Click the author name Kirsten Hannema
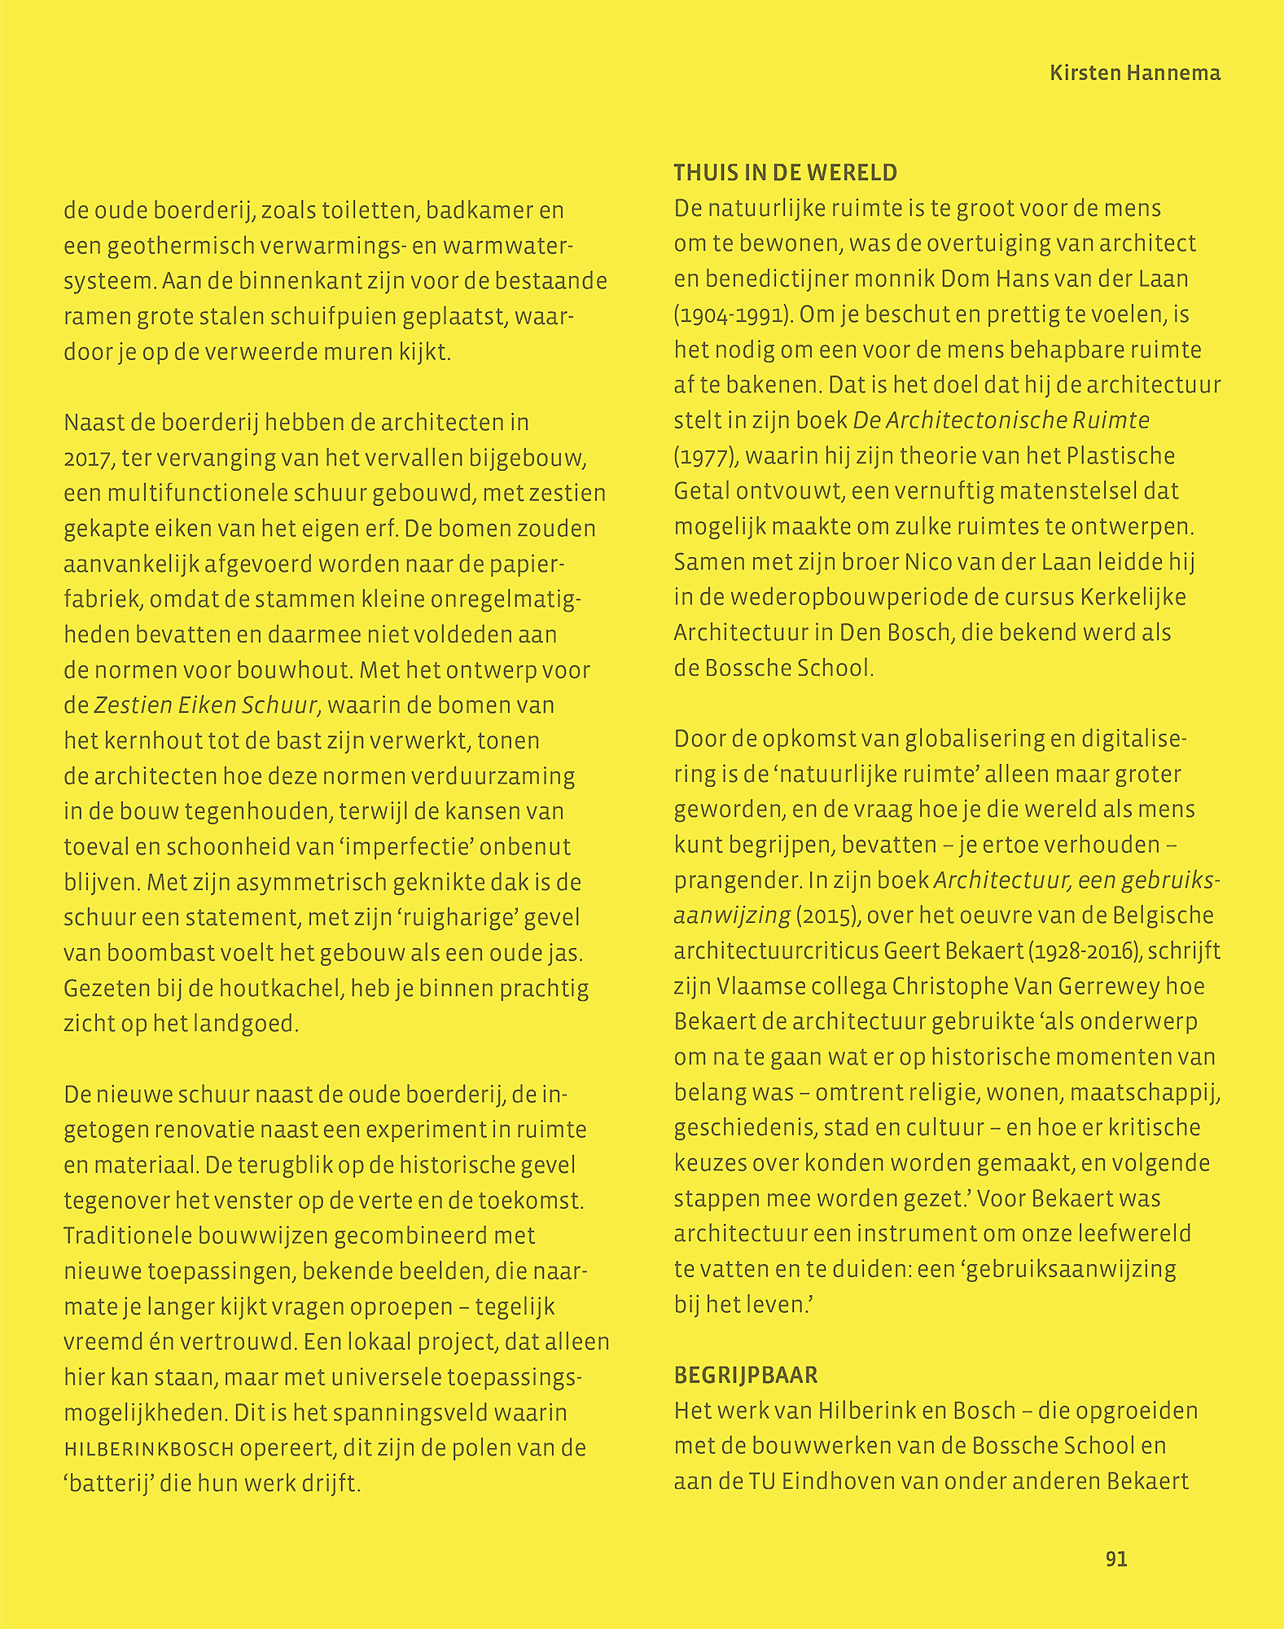[x=1134, y=73]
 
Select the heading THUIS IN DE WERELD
[x=785, y=173]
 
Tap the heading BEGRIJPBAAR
[x=746, y=1375]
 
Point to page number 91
[x=1116, y=1559]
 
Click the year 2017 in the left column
[x=87, y=459]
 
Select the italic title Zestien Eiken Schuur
[x=205, y=705]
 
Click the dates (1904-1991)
[x=733, y=314]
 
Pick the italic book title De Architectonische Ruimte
[x=1001, y=420]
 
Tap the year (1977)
[x=706, y=456]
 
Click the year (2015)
[x=829, y=915]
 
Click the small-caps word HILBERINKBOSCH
[x=149, y=1449]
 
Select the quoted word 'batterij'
[x=109, y=1483]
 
